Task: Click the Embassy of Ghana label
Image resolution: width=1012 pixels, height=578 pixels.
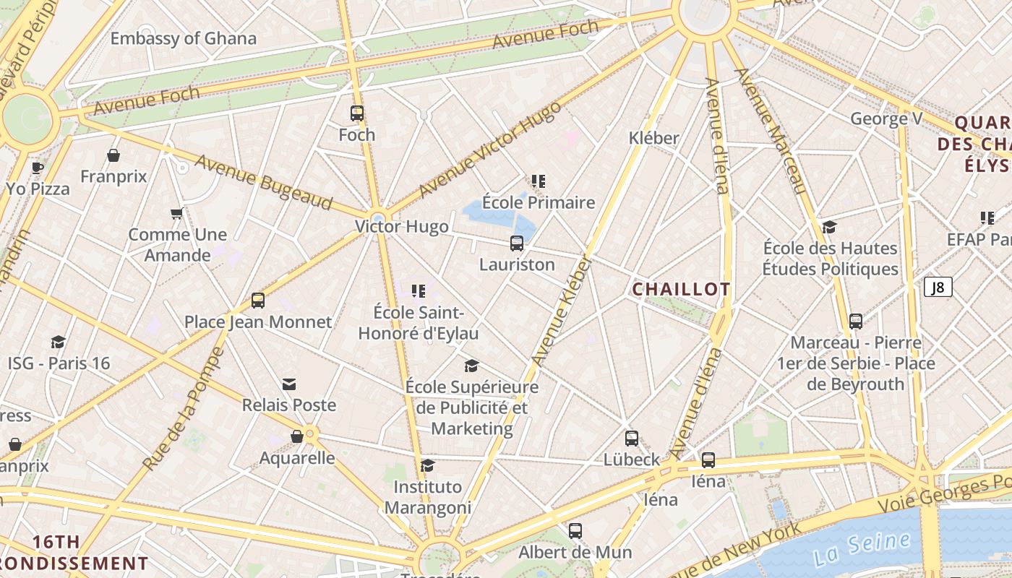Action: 183,38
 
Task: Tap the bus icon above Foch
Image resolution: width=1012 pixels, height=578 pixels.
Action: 357,113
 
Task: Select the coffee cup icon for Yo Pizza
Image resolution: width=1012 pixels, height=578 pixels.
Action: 38,168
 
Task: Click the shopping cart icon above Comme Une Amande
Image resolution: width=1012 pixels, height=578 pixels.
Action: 177,213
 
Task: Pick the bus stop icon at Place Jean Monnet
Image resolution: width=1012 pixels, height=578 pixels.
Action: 258,301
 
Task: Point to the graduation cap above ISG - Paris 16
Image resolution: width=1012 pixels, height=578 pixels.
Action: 59,342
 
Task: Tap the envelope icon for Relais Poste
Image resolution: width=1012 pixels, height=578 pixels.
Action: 289,384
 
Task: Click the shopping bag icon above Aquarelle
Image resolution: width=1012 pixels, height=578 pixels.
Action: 297,436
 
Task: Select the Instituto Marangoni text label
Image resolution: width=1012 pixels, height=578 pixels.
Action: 427,497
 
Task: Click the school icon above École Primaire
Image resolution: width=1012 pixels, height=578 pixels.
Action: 539,181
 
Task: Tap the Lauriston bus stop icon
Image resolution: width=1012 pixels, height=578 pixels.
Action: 517,243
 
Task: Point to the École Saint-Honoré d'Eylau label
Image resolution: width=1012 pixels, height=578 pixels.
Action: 419,323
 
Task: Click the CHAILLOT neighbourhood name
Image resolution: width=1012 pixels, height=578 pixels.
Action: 681,290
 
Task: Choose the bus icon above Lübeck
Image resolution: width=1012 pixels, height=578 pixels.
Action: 632,439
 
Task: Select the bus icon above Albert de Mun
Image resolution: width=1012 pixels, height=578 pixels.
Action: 575,531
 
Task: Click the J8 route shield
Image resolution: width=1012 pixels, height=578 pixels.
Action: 938,288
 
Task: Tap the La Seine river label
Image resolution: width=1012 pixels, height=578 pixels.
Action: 861,549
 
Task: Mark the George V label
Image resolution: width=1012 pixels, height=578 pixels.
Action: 886,118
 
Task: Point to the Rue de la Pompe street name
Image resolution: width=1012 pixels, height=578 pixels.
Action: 184,409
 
